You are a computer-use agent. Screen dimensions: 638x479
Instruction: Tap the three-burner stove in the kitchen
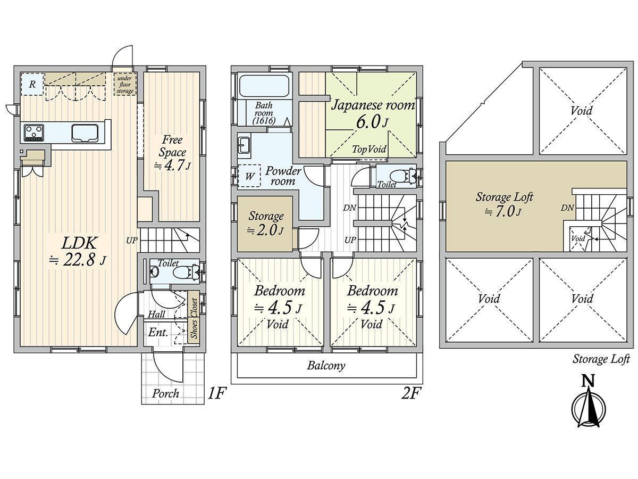point(34,133)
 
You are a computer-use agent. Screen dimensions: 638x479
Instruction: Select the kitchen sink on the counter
point(85,133)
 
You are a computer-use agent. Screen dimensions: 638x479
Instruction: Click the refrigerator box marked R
point(32,84)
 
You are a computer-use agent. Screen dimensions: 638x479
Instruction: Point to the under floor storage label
point(125,84)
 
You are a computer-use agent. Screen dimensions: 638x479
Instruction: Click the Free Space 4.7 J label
point(172,152)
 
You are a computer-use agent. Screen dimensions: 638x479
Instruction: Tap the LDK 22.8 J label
point(79,252)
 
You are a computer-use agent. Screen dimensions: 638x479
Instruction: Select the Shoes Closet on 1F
point(194,318)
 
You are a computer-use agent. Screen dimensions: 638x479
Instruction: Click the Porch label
point(165,394)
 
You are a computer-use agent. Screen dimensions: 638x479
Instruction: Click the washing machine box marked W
point(249,176)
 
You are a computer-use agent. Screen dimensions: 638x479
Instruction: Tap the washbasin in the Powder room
point(244,144)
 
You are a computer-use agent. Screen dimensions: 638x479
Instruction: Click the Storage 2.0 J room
point(265,224)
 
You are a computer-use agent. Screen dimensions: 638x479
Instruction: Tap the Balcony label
point(326,366)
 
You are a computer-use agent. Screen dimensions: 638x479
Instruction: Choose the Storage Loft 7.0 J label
point(504,205)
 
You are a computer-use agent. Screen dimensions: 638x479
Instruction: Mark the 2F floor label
point(410,393)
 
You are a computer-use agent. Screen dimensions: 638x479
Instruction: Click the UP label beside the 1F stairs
point(131,241)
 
